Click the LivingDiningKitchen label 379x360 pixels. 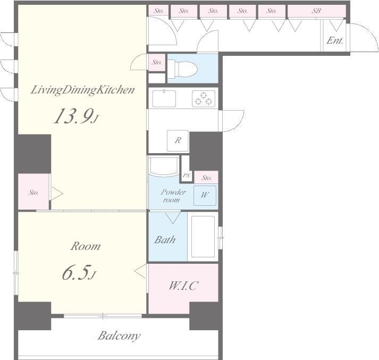pyautogui.click(x=83, y=90)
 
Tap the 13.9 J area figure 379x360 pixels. pyautogui.click(x=76, y=116)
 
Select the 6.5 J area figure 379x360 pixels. pyautogui.click(x=79, y=272)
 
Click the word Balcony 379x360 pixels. pyautogui.click(x=119, y=336)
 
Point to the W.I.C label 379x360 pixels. pyautogui.click(x=183, y=286)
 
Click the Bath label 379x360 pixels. pyautogui.click(x=165, y=240)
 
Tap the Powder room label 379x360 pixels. pyautogui.click(x=173, y=196)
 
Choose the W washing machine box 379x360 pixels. pyautogui.click(x=205, y=195)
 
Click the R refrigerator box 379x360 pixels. pyautogui.click(x=178, y=141)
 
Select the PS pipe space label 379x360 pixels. pyautogui.click(x=187, y=175)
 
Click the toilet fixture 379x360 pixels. pyautogui.click(x=182, y=69)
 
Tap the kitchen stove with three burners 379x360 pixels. pyautogui.click(x=203, y=99)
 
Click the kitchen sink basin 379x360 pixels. pyautogui.click(x=164, y=98)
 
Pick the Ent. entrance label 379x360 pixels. pyautogui.click(x=335, y=40)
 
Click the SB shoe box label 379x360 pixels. pyautogui.click(x=316, y=11)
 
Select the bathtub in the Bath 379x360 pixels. pyautogui.click(x=203, y=237)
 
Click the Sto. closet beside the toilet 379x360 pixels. pyautogui.click(x=157, y=62)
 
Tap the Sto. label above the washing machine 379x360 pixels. pyautogui.click(x=206, y=178)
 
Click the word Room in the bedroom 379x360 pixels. pyautogui.click(x=86, y=246)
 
